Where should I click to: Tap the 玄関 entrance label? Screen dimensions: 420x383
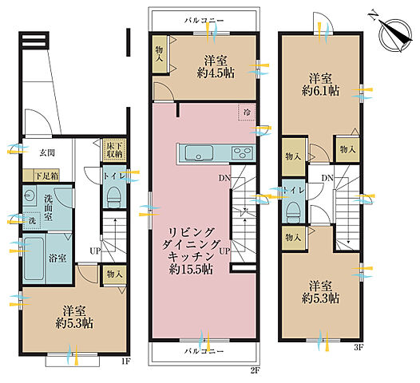coord(47,153)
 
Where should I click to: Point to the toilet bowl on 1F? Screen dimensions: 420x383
coord(114,198)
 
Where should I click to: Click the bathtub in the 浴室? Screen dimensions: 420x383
coord(34,259)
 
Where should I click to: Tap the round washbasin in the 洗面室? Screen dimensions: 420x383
coord(28,195)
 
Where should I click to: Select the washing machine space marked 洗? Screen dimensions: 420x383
coord(32,221)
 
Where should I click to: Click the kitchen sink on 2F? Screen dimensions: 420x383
coord(199,153)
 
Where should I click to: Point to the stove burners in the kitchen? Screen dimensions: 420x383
coord(243,153)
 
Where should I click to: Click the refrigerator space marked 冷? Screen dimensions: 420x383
coord(247,113)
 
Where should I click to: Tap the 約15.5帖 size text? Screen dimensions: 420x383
coord(192,270)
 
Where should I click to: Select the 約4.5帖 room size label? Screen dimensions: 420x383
coord(216,73)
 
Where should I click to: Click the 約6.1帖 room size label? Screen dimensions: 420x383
coord(320,91)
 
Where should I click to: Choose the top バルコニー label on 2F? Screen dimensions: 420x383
coord(204,21)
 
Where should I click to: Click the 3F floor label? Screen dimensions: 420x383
coord(359,348)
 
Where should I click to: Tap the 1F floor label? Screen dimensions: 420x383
coord(125,361)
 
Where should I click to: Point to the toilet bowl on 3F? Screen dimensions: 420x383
coord(292,211)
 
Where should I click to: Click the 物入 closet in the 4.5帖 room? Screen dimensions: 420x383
coord(160,53)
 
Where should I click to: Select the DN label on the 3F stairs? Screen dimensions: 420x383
coord(327,178)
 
